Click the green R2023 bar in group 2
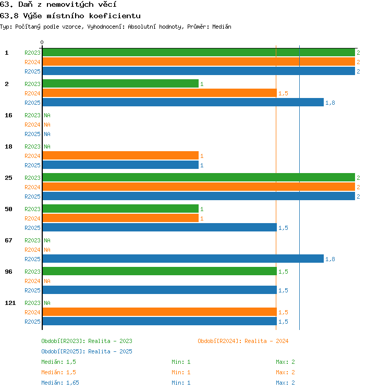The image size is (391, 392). coord(120,83)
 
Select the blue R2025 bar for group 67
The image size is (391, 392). coord(184,259)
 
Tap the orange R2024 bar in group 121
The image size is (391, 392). coord(160,312)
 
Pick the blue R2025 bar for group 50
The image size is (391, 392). coord(160,227)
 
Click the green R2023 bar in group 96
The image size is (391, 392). coord(160,271)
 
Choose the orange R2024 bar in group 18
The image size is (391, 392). coord(120,155)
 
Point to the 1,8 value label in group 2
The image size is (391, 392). coord(330,103)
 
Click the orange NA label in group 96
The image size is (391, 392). coord(47,281)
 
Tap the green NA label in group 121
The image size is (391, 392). coord(47,303)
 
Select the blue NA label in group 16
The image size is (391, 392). coord(47,134)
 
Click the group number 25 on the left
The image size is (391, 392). coord(8,178)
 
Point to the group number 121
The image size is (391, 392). coord(10,303)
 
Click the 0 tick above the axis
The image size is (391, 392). coord(42,42)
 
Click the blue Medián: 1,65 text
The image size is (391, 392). coord(60,383)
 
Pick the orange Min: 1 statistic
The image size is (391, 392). coord(181,372)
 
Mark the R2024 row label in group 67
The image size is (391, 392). coord(32,250)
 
